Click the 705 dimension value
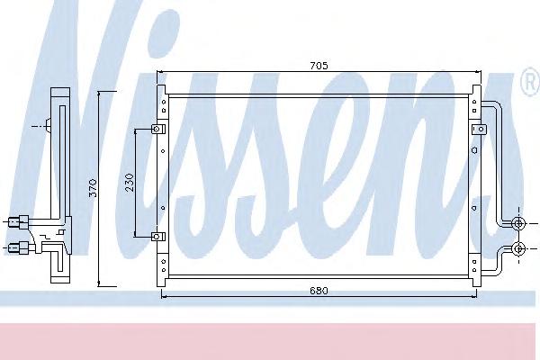point(319,65)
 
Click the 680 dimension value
point(319,291)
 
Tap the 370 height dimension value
point(93,188)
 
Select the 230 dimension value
point(130,183)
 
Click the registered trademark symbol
point(530,81)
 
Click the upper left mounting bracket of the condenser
point(158,129)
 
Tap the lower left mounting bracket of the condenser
point(158,237)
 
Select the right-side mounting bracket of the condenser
point(479,130)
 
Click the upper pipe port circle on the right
point(518,223)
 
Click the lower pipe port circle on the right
point(518,248)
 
